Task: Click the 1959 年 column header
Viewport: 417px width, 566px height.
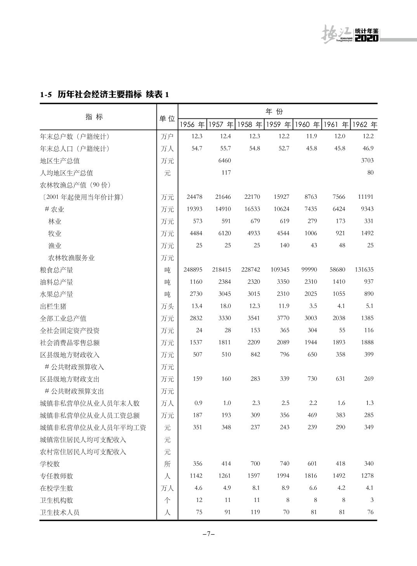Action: (278, 125)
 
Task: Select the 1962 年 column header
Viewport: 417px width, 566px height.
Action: (364, 125)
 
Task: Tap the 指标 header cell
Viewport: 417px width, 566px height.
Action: (94, 117)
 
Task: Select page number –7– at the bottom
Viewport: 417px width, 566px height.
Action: (208, 534)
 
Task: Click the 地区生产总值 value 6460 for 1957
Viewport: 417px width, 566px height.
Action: (224, 161)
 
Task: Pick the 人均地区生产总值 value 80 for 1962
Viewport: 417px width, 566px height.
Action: (370, 173)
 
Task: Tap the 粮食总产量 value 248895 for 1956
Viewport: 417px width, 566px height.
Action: (193, 270)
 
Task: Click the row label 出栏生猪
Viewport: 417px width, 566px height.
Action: (53, 306)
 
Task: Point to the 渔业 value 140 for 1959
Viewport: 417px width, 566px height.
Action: (284, 245)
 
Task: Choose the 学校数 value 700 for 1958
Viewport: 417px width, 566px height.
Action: (255, 464)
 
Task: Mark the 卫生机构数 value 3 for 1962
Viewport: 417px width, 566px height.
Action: (372, 500)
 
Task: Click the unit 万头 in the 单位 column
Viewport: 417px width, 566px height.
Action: (167, 306)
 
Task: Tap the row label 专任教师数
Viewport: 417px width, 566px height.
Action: (57, 476)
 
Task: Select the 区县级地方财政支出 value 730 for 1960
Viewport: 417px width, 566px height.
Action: (312, 379)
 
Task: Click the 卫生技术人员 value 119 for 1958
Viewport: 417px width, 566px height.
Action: (255, 512)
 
